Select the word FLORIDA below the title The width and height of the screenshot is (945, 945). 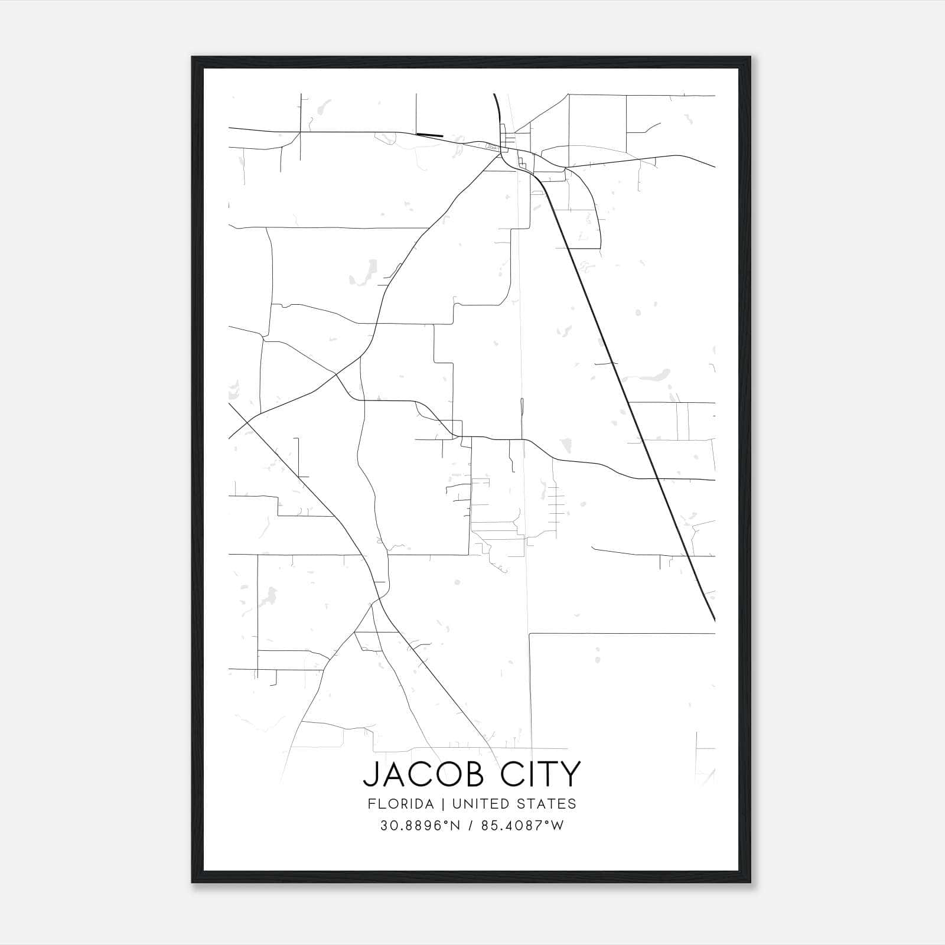point(401,804)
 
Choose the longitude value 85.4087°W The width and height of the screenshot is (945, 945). point(522,826)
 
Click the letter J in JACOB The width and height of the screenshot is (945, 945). point(370,774)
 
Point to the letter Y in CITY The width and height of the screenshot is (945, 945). point(571,774)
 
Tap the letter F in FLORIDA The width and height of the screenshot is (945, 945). point(371,804)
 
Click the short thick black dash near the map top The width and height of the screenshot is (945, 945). point(429,135)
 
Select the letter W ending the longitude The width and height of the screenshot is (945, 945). point(558,826)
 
